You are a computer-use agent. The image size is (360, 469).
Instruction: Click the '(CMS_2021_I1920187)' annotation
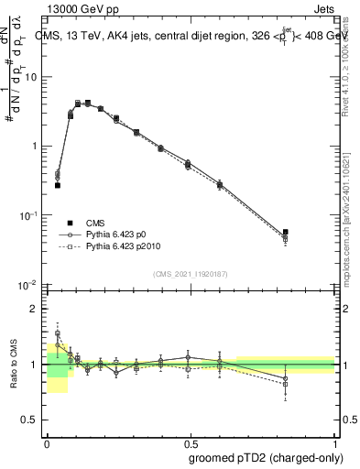[190, 273]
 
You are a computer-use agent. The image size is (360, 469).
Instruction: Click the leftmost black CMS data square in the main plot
[57, 185]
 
